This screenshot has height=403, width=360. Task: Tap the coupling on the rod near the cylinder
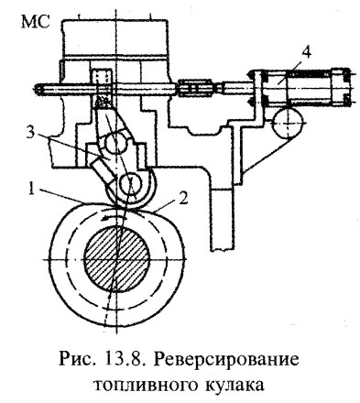(198, 89)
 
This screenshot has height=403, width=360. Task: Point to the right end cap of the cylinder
(346, 89)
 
